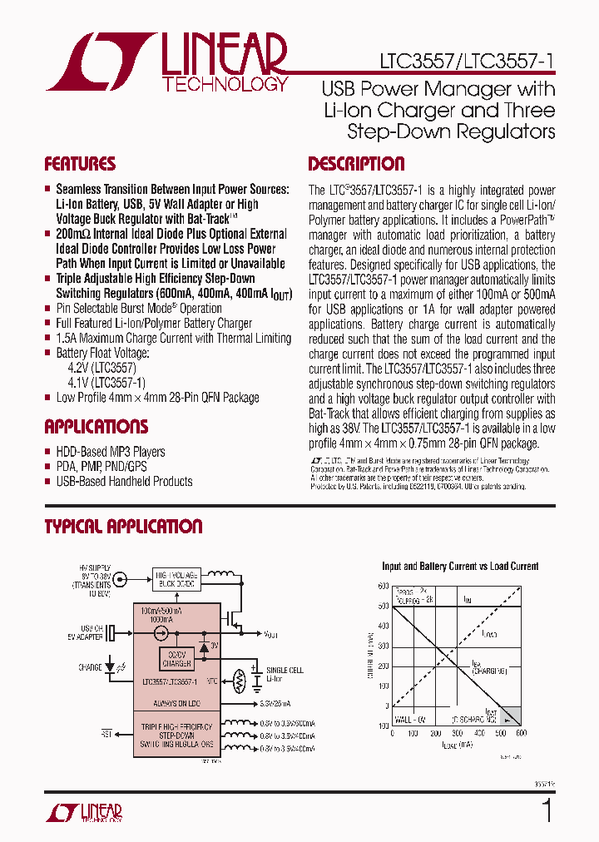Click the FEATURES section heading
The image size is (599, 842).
tap(80, 164)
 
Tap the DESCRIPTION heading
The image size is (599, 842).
tap(356, 164)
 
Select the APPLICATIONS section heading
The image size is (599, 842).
tap(96, 427)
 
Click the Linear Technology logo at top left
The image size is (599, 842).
tap(166, 62)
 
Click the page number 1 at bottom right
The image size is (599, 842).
tap(547, 810)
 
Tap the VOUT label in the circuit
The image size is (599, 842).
tap(270, 634)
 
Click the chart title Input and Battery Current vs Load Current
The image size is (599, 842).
tap(460, 567)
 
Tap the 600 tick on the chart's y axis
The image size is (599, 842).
tap(384, 585)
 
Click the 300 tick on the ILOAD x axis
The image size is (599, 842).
tap(457, 733)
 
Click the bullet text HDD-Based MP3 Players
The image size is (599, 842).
tap(111, 452)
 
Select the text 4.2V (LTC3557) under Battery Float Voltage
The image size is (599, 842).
tap(101, 368)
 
